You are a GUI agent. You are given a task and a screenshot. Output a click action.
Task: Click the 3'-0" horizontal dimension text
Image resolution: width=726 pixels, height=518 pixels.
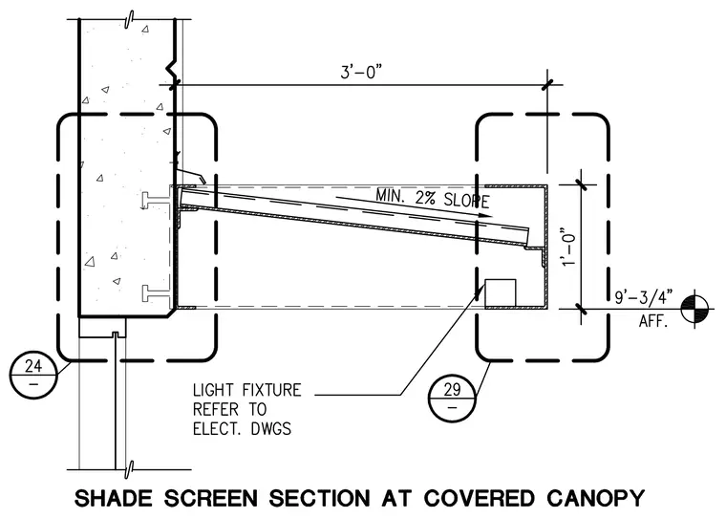pyautogui.click(x=362, y=73)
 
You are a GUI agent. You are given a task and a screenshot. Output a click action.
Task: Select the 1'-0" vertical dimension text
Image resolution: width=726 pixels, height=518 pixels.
pyautogui.click(x=568, y=247)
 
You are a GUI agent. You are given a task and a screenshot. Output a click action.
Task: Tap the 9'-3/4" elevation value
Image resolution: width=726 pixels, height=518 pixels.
pyautogui.click(x=644, y=297)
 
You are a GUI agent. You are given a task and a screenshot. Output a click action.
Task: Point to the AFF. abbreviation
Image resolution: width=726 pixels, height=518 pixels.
pyautogui.click(x=653, y=321)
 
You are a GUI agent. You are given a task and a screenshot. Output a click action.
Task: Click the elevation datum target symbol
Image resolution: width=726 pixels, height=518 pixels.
pyautogui.click(x=694, y=309)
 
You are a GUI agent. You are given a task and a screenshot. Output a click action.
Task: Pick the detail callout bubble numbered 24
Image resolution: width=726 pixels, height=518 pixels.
pyautogui.click(x=33, y=374)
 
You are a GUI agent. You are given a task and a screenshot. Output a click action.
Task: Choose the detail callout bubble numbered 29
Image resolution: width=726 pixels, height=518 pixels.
pyautogui.click(x=452, y=398)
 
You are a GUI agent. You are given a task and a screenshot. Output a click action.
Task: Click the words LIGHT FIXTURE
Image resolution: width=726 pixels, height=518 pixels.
pyautogui.click(x=246, y=390)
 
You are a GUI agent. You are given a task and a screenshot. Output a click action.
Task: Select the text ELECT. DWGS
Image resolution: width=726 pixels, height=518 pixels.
pyautogui.click(x=242, y=429)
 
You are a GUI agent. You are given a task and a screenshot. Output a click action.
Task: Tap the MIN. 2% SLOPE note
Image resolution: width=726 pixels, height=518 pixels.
pyautogui.click(x=433, y=198)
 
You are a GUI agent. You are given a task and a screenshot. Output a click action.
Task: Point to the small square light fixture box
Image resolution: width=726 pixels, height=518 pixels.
pyautogui.click(x=500, y=292)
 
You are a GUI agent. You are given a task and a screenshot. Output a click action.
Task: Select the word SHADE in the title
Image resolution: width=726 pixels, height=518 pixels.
pyautogui.click(x=113, y=498)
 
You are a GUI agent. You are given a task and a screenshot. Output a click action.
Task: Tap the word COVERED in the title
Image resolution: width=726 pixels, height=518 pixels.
pyautogui.click(x=479, y=498)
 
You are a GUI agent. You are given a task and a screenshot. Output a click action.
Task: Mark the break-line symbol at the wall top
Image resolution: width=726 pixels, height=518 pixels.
pyautogui.click(x=130, y=19)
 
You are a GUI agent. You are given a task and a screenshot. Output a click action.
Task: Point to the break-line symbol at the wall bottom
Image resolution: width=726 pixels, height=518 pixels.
pyautogui.click(x=130, y=469)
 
